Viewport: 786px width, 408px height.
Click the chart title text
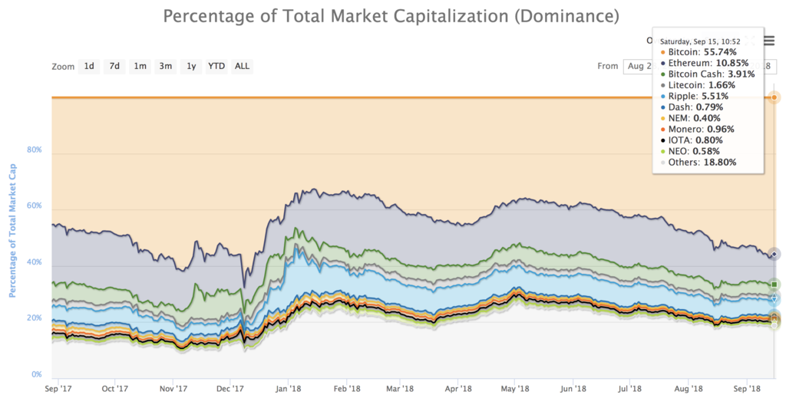click(x=391, y=15)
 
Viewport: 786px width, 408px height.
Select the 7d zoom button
click(x=114, y=66)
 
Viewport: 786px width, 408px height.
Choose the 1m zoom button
click(x=140, y=66)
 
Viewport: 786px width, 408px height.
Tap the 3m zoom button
click(x=165, y=66)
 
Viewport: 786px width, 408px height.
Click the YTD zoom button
click(x=216, y=66)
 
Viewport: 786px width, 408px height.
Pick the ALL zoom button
click(x=242, y=66)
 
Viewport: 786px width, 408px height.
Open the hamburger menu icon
click(x=769, y=42)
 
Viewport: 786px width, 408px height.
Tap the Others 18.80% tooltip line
click(x=702, y=163)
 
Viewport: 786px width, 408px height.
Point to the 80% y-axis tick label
click(x=34, y=150)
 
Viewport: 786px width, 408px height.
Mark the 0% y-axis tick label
click(x=37, y=374)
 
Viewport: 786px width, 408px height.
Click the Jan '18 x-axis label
click(x=287, y=389)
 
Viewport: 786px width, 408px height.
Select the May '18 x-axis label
click(x=516, y=389)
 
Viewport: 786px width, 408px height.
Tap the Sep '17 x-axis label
click(x=58, y=389)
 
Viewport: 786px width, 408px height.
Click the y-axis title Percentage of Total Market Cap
click(x=13, y=231)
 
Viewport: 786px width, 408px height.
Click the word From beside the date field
click(x=607, y=66)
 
